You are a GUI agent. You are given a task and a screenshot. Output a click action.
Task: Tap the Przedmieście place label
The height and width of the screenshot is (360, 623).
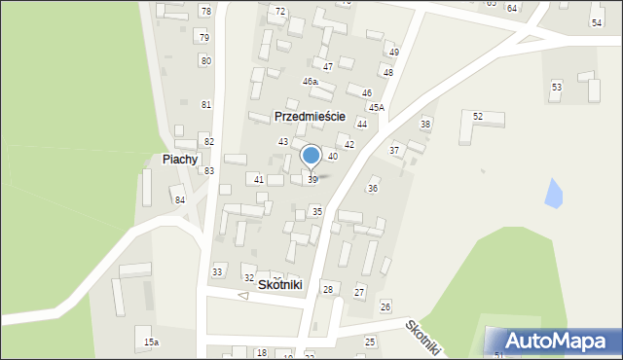coord(311,115)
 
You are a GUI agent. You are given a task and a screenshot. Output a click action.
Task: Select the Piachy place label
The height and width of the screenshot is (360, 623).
coord(180,159)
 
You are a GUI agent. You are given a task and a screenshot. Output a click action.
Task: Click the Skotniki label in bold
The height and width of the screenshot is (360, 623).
coord(280,284)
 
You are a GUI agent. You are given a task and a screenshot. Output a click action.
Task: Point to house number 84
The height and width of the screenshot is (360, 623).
coord(179,199)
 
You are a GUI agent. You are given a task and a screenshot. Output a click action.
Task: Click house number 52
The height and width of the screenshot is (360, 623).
coord(478,117)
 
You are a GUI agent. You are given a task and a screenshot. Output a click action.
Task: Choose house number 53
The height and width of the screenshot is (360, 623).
coord(556,88)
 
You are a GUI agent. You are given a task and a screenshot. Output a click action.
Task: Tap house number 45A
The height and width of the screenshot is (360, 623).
coord(376,107)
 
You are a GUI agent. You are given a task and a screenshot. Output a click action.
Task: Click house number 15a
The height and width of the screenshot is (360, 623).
coord(151,342)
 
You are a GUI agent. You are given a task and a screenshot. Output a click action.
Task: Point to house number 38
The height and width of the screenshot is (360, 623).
coord(424,124)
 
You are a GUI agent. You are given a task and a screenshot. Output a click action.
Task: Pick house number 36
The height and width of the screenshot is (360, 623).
coord(372,188)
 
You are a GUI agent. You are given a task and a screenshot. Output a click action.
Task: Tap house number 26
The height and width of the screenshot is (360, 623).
coord(385,306)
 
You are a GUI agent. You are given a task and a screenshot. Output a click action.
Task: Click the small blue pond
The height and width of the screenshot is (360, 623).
coord(553,195)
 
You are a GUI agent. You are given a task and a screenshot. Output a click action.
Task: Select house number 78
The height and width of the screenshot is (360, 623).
coord(204,11)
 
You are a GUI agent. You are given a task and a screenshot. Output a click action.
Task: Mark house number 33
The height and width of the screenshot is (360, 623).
coord(217,271)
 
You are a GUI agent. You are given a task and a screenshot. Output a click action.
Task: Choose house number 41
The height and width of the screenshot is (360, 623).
coord(258,180)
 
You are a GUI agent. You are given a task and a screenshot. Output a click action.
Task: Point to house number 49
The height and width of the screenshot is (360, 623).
coord(393,52)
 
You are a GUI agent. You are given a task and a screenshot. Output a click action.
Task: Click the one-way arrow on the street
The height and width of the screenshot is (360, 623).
coord(242,296)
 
